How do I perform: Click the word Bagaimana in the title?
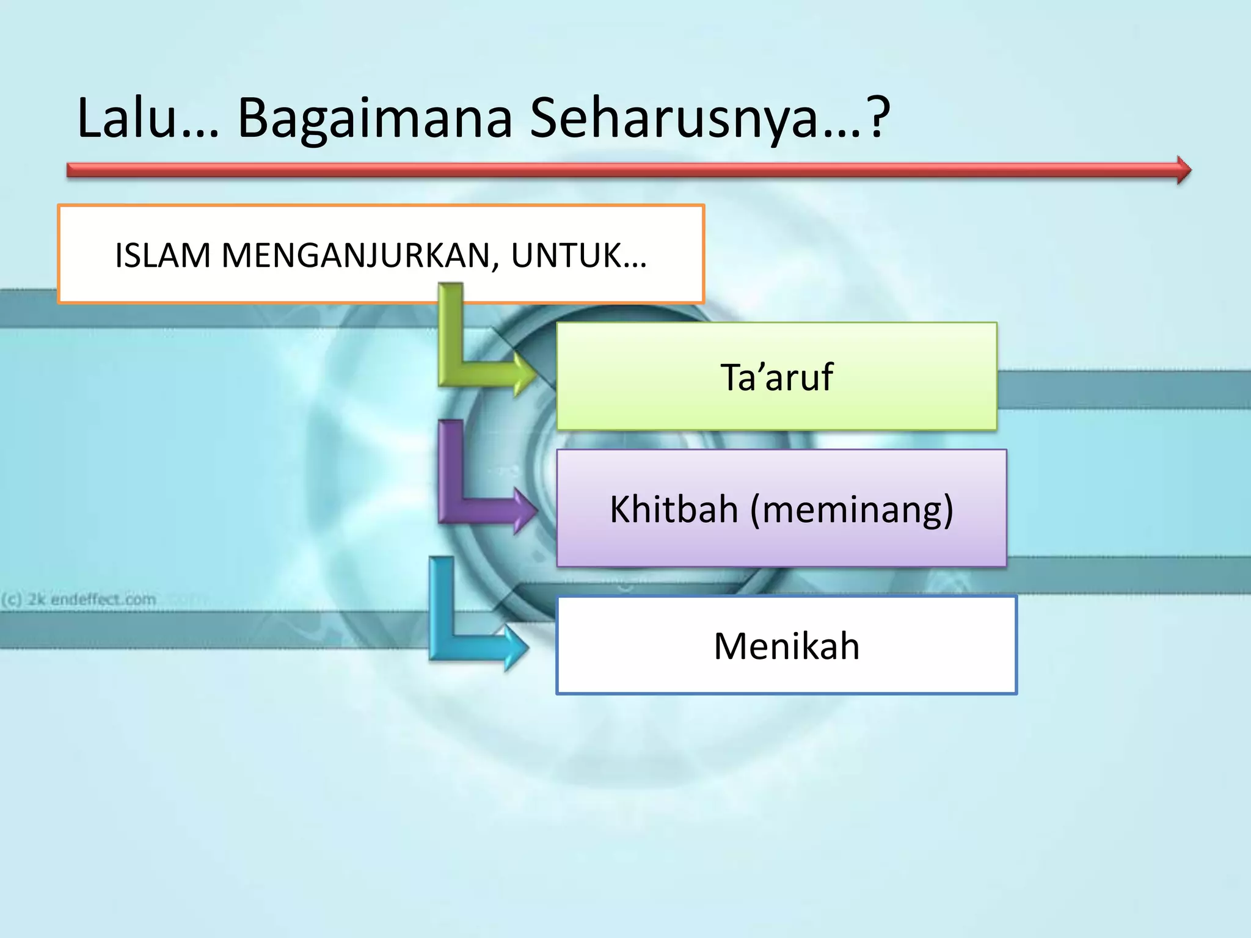(x=374, y=119)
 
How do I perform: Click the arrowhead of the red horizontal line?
(x=1183, y=170)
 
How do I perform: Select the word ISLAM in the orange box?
(x=162, y=255)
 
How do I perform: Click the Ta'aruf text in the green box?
(x=776, y=377)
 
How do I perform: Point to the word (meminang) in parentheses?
(x=852, y=510)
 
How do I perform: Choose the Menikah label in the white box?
(x=786, y=645)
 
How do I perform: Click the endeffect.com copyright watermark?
(x=79, y=599)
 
